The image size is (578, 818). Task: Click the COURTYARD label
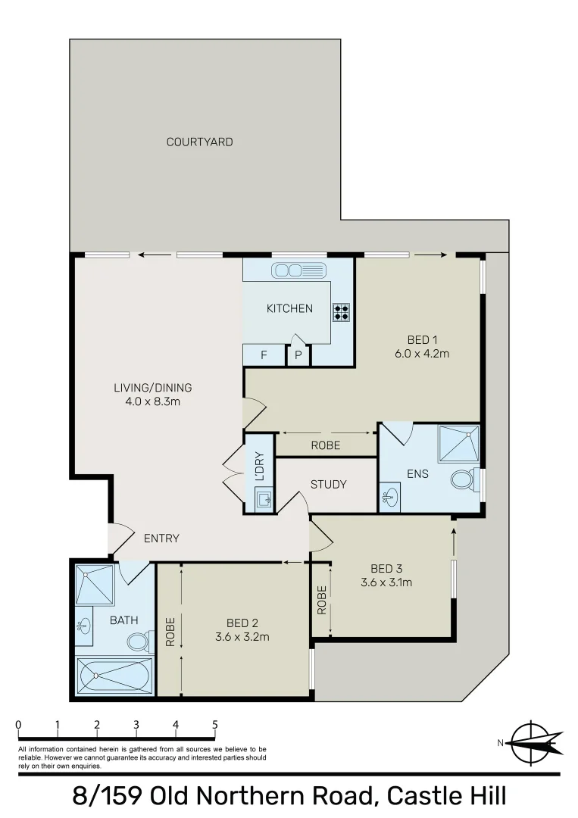tap(199, 142)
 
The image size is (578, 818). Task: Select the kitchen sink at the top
tap(298, 270)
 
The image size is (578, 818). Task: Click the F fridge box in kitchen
tap(263, 354)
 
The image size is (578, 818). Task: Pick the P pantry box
tap(298, 355)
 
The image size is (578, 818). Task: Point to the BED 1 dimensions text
tap(423, 353)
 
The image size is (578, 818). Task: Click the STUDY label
tap(329, 485)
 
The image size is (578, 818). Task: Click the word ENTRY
tap(161, 539)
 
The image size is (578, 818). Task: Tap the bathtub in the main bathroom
tap(114, 676)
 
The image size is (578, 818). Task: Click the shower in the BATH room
tap(94, 584)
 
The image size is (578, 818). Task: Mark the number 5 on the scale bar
tap(215, 725)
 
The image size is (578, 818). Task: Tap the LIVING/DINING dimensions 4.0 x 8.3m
tap(152, 401)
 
